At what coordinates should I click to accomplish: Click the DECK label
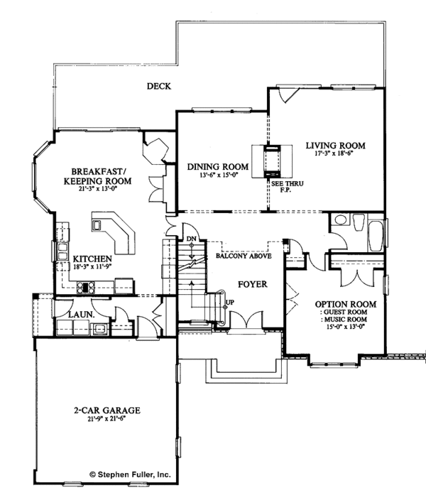click(x=160, y=87)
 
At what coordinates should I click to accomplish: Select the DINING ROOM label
click(x=212, y=167)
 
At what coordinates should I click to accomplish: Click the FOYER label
click(x=252, y=284)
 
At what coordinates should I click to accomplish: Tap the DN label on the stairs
click(x=192, y=239)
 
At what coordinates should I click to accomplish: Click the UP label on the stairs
click(x=229, y=301)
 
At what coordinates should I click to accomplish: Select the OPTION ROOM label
click(x=345, y=304)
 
